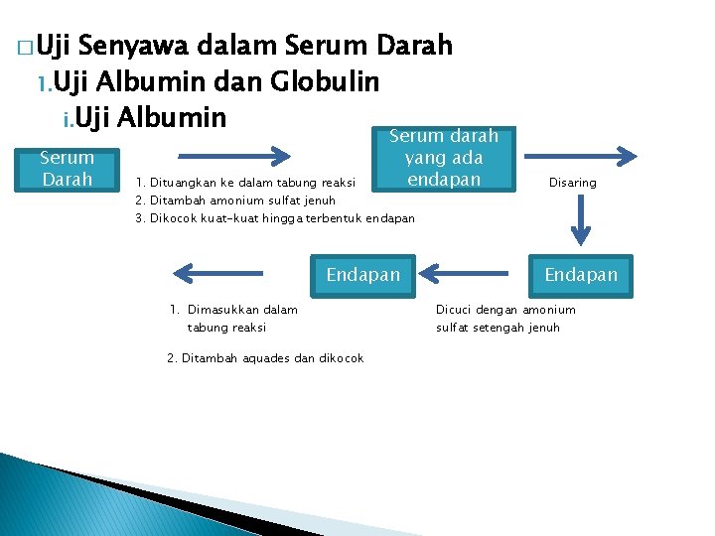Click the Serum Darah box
click(x=67, y=168)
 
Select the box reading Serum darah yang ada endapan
click(x=444, y=158)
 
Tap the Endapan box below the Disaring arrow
click(x=581, y=274)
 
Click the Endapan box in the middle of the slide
click(x=363, y=274)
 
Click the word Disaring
click(x=573, y=183)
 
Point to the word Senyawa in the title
click(x=134, y=46)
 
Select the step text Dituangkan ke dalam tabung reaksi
click(x=252, y=182)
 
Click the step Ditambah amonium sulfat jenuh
click(x=242, y=200)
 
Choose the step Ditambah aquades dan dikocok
click(x=265, y=358)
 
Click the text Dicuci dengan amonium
click(x=505, y=310)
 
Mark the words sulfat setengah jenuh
click(x=498, y=328)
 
